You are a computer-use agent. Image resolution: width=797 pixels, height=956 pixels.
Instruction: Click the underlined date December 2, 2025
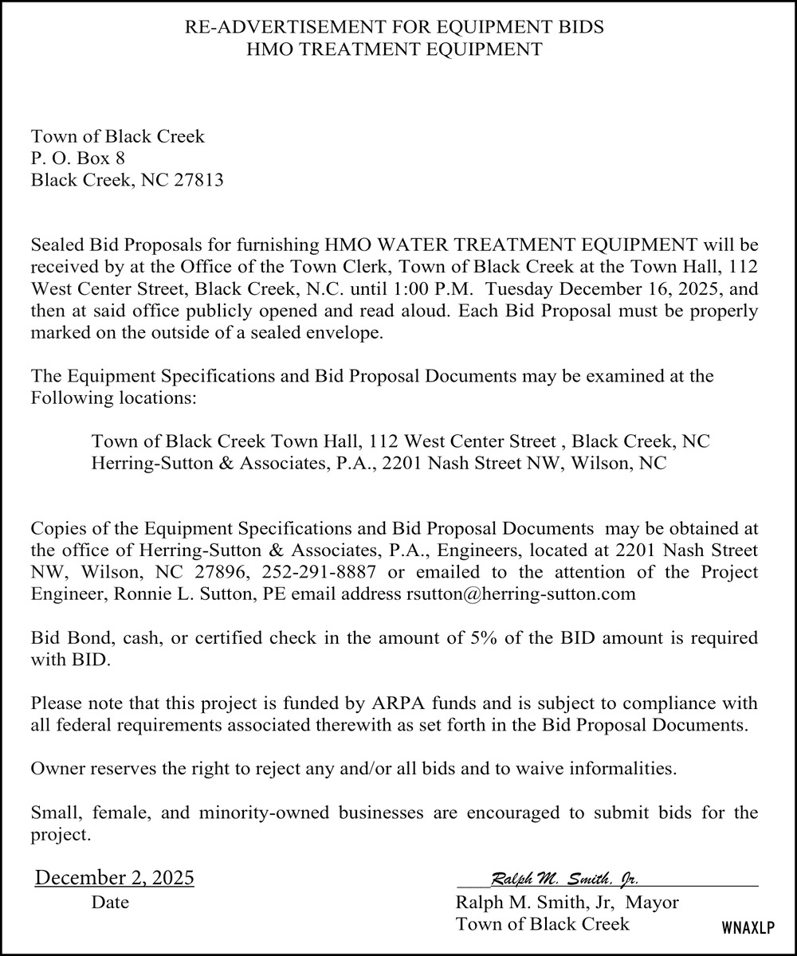[x=115, y=879]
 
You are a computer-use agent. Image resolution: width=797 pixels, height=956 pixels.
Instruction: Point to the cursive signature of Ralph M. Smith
[x=564, y=879]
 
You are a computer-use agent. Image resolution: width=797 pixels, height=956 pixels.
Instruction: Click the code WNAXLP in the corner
[x=748, y=929]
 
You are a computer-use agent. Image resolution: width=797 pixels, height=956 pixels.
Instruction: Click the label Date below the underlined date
[x=110, y=903]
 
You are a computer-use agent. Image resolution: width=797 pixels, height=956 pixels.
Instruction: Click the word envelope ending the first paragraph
[x=348, y=332]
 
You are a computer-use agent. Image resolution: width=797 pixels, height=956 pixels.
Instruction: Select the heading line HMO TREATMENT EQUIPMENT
[x=395, y=49]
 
